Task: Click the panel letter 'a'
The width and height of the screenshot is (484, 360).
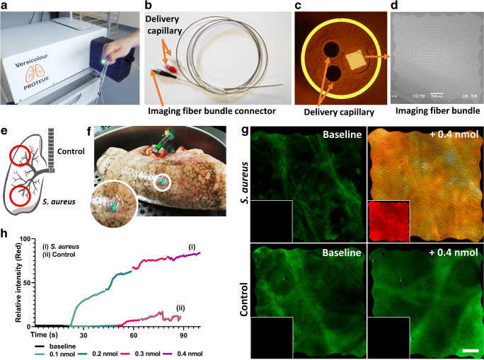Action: (5, 6)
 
